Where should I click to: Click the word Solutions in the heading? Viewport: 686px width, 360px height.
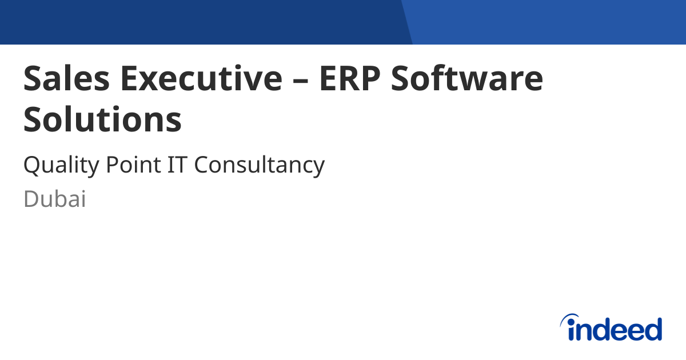click(x=103, y=120)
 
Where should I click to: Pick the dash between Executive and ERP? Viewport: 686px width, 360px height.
click(x=301, y=80)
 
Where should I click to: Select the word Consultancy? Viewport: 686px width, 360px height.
click(x=260, y=166)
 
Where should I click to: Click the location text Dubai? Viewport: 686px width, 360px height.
click(x=55, y=199)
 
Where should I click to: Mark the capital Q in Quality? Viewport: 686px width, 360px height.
click(x=31, y=166)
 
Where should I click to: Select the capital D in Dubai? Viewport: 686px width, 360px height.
click(x=31, y=199)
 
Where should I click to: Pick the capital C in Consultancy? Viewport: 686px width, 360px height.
click(x=201, y=165)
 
